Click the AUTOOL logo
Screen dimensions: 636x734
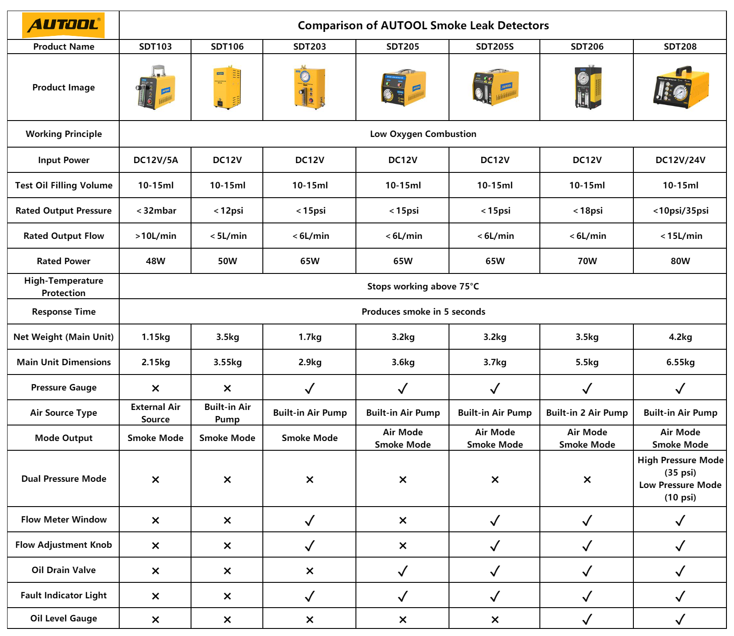[63, 25]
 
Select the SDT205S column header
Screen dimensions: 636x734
[495, 47]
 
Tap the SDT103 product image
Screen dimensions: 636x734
[156, 87]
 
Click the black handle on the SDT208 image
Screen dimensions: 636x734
[680, 70]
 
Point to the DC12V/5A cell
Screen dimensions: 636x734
[156, 160]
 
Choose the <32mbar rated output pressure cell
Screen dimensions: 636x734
[156, 211]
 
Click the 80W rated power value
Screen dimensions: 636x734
[680, 261]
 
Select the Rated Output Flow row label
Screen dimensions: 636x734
[63, 236]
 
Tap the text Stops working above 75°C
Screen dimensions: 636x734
[423, 286]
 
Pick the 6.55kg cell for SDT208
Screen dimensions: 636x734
[680, 362]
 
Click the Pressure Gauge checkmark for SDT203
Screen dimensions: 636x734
[309, 388]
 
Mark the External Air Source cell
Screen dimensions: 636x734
[156, 413]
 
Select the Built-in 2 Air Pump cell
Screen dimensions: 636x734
[587, 413]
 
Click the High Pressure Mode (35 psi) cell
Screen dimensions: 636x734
[680, 466]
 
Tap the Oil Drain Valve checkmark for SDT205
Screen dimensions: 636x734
[402, 571]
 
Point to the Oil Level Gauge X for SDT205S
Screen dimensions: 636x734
[495, 620]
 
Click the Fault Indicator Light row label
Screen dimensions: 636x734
[63, 595]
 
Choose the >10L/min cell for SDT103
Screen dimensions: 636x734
[156, 236]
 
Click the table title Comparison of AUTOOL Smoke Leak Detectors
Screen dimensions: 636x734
[423, 25]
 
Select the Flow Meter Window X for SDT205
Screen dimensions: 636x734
[402, 520]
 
